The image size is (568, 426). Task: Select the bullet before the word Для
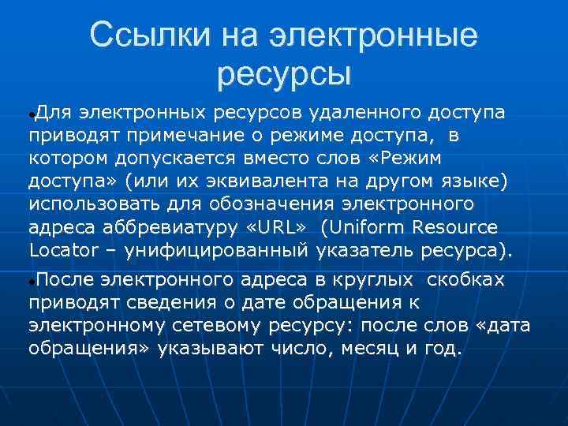(31, 115)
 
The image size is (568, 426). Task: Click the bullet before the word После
(31, 282)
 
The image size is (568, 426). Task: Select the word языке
(473, 182)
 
